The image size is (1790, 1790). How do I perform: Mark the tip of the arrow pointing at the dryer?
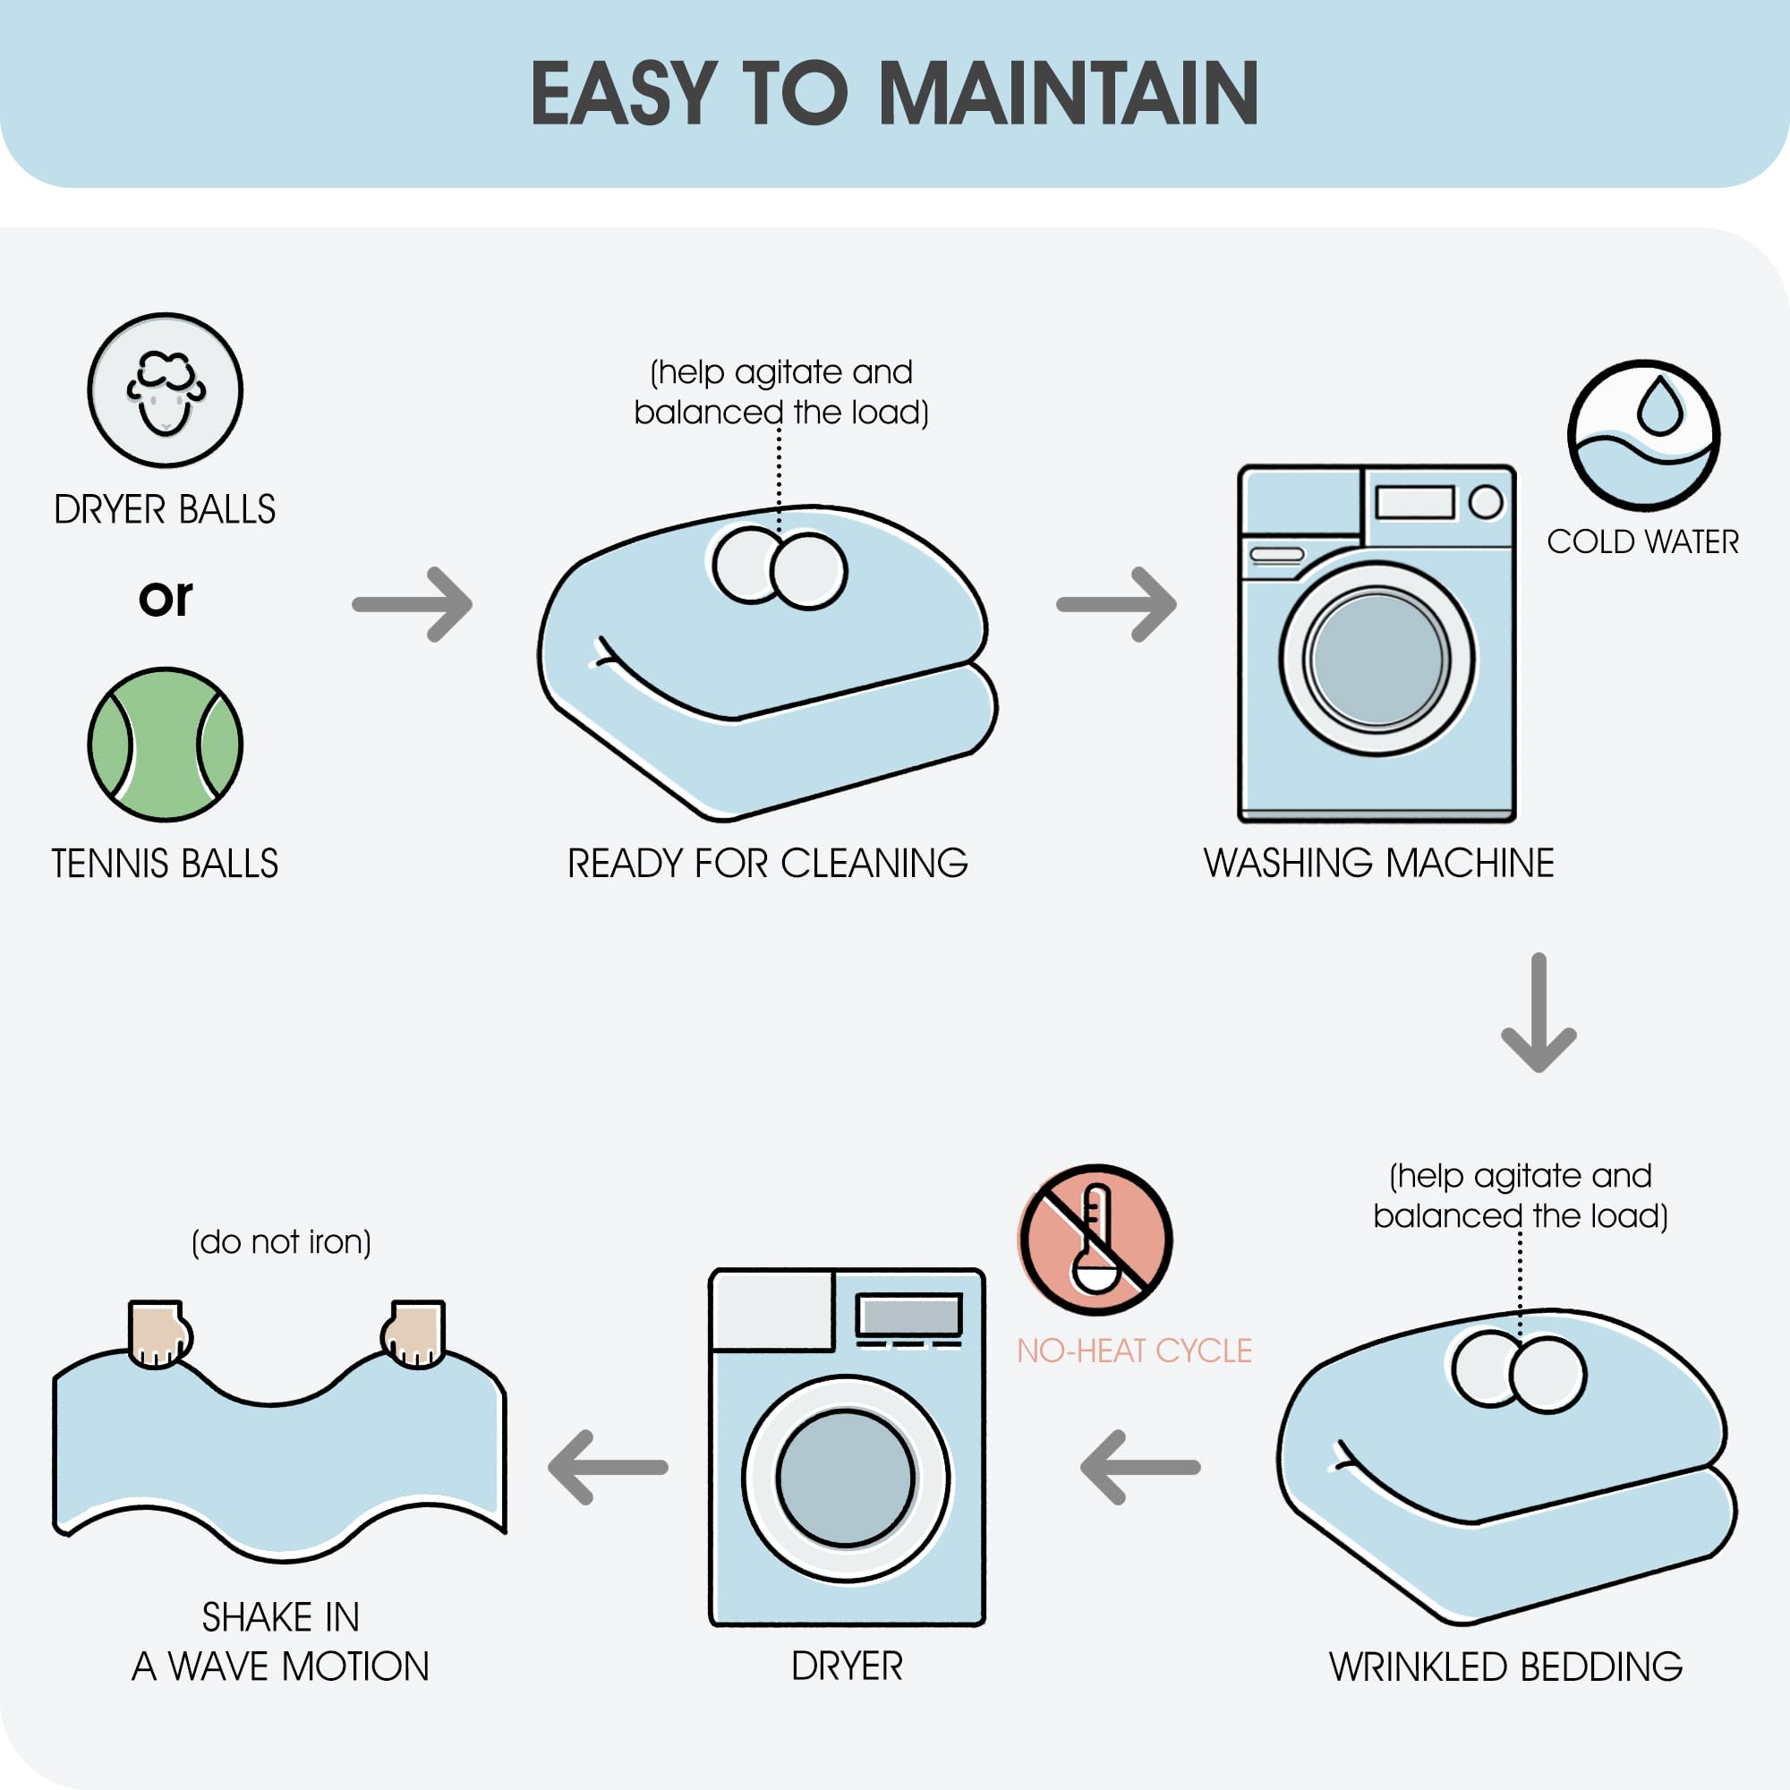click(x=1082, y=1468)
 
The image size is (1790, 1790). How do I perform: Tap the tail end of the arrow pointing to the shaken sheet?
click(x=665, y=1468)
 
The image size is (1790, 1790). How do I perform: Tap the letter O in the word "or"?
click(x=153, y=600)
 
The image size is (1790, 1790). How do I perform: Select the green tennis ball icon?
click(x=165, y=744)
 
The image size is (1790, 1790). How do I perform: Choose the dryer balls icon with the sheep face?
click(x=165, y=390)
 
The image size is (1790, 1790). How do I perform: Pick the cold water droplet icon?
click(x=1643, y=436)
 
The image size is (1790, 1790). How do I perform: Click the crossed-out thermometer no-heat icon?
click(x=1095, y=1240)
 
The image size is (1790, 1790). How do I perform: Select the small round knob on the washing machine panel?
click(x=1486, y=502)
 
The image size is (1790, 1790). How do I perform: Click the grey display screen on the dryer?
click(x=909, y=1315)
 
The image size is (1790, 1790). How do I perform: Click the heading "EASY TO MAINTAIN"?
click(x=894, y=93)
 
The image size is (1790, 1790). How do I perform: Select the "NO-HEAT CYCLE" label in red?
click(x=1134, y=1351)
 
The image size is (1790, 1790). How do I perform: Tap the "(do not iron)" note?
click(x=281, y=1242)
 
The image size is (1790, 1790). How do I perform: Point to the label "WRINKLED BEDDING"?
click(x=1505, y=1666)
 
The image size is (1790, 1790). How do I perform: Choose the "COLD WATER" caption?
click(x=1642, y=542)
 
